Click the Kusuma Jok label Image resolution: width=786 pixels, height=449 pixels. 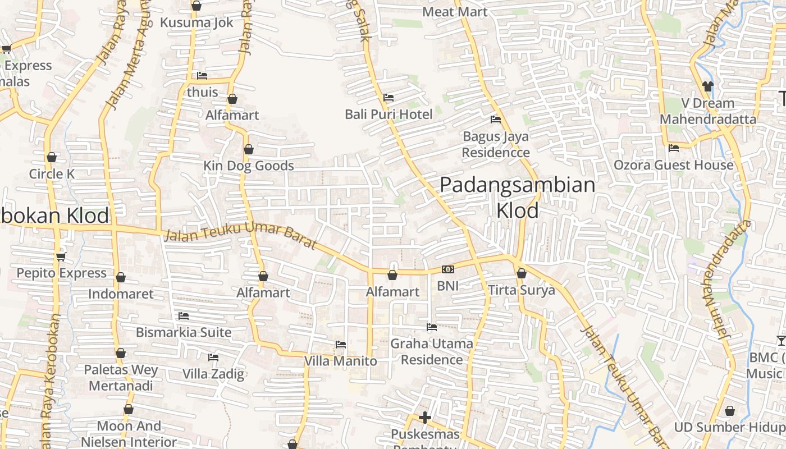coord(196,22)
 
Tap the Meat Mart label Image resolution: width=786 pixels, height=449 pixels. coord(455,12)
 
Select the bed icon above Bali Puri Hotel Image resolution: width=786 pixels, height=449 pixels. coord(388,98)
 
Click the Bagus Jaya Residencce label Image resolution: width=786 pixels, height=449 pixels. coord(496,144)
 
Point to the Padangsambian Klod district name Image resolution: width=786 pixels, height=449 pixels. coord(517,197)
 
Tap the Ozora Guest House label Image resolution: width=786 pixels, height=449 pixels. coord(673,165)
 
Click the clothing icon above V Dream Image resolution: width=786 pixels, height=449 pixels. coord(707,86)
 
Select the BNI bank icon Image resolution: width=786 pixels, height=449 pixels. coord(447,269)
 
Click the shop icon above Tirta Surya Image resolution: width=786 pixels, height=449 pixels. coord(521,273)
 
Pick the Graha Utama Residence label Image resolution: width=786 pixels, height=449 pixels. coord(431,351)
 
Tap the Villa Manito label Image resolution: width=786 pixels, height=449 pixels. coord(340,361)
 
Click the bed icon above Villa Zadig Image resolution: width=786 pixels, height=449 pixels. coord(213,357)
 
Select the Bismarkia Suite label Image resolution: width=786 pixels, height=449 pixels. coord(184,332)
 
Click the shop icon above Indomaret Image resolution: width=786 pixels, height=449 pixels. coord(121,277)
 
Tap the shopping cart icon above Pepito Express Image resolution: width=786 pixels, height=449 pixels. coord(61,257)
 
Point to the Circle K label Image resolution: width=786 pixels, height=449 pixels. coord(52,174)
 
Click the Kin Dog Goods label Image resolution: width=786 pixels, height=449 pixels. coord(248,166)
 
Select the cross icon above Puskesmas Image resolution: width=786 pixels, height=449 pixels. coord(425,418)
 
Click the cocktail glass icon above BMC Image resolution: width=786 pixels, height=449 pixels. coord(781,340)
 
